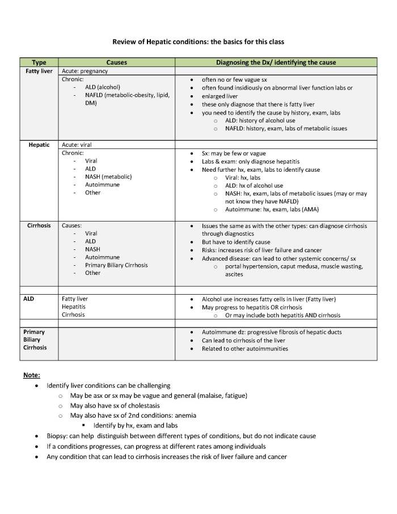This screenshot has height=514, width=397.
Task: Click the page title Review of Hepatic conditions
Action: [x=198, y=42]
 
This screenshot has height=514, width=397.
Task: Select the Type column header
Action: [x=39, y=62]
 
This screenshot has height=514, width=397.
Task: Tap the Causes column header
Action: [x=116, y=62]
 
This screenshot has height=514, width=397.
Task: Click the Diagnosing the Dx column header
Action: [x=276, y=62]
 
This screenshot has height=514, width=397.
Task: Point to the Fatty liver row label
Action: [x=39, y=71]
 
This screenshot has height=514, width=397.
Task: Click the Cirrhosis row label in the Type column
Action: [x=39, y=226]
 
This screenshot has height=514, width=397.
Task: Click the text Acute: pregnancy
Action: [x=85, y=71]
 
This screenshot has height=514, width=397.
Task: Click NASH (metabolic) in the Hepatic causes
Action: [x=108, y=177]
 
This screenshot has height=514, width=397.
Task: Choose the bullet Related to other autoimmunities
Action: [x=245, y=349]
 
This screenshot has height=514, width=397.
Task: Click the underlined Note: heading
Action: [x=32, y=375]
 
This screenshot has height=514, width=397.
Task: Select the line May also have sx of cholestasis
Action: [x=115, y=406]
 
